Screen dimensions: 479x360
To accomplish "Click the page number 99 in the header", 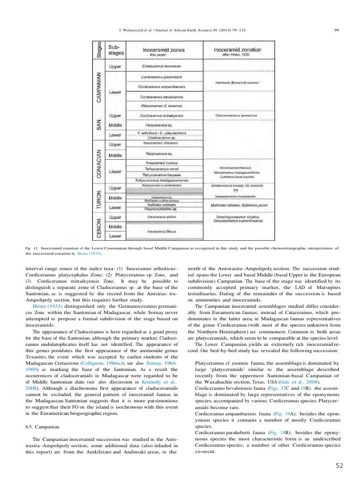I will [x=336, y=30].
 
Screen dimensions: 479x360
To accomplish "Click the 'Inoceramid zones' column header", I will [x=161, y=50].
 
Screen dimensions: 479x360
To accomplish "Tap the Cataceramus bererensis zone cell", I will [x=161, y=66].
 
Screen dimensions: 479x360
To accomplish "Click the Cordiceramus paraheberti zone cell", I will [x=161, y=77].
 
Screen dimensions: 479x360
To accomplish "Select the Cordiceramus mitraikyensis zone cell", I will [x=161, y=116].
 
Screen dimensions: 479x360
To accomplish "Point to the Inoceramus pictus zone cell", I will [x=161, y=217].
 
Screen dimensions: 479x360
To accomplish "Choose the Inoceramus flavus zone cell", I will [x=161, y=232].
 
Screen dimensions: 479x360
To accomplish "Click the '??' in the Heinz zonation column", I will [x=235, y=191].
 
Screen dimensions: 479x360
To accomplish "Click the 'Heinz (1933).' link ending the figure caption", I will [x=91, y=253].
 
